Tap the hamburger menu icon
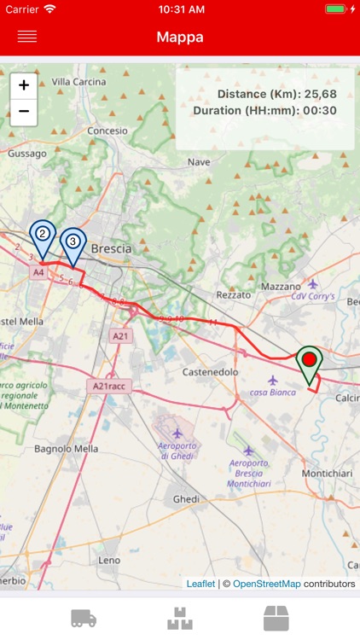tap(27, 37)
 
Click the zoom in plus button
tap(24, 85)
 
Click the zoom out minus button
tap(24, 112)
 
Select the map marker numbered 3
tap(73, 242)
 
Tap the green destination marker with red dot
tap(309, 363)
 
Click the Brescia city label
tap(111, 248)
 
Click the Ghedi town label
tap(186, 498)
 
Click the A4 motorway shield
tap(38, 272)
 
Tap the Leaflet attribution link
tap(200, 584)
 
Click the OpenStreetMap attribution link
tap(267, 584)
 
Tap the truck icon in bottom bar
tap(84, 619)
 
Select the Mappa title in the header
tap(179, 37)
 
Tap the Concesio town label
tap(107, 131)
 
